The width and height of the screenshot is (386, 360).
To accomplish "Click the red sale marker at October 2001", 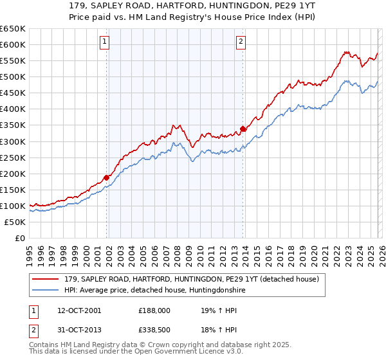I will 106,177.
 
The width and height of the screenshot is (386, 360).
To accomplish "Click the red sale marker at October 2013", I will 243,129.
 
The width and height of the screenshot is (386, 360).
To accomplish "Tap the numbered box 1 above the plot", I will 104,42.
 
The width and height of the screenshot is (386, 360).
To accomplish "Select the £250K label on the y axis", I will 13,157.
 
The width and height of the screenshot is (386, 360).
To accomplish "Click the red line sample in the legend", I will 46,279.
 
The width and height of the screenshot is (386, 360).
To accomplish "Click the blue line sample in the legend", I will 46,291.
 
